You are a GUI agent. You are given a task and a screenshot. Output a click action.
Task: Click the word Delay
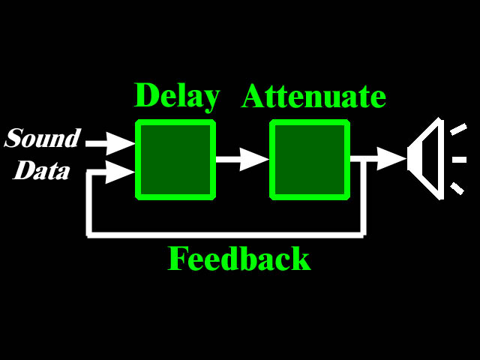click(177, 97)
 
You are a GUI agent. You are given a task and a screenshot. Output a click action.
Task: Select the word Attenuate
click(313, 96)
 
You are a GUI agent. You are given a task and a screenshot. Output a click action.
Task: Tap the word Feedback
click(239, 259)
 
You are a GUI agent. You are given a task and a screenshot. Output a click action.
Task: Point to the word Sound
click(43, 138)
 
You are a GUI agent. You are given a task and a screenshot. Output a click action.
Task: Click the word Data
click(42, 169)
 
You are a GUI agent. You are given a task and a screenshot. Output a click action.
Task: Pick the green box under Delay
click(175, 160)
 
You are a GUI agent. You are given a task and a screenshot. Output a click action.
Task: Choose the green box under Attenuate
click(310, 160)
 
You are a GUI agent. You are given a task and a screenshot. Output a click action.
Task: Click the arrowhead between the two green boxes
click(254, 159)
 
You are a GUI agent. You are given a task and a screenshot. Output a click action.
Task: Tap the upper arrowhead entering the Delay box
click(120, 143)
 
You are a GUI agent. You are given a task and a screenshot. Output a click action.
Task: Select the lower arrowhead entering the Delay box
click(120, 172)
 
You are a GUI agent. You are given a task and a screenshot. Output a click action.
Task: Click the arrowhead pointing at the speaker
click(391, 158)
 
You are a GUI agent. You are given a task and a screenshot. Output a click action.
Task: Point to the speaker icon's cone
click(426, 158)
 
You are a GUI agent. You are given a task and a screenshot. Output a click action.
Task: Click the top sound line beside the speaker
click(458, 129)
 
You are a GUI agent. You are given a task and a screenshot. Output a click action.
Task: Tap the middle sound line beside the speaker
click(459, 160)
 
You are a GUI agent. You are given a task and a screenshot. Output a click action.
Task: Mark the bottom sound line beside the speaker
click(457, 188)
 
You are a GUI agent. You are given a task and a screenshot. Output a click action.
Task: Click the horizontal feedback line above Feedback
click(225, 235)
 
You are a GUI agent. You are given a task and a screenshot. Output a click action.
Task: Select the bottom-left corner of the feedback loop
click(89, 235)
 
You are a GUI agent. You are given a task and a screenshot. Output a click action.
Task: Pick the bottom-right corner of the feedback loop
click(363, 235)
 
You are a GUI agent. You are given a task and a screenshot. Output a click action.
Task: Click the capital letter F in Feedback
click(178, 259)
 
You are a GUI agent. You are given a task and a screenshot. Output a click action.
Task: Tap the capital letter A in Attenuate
click(253, 96)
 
